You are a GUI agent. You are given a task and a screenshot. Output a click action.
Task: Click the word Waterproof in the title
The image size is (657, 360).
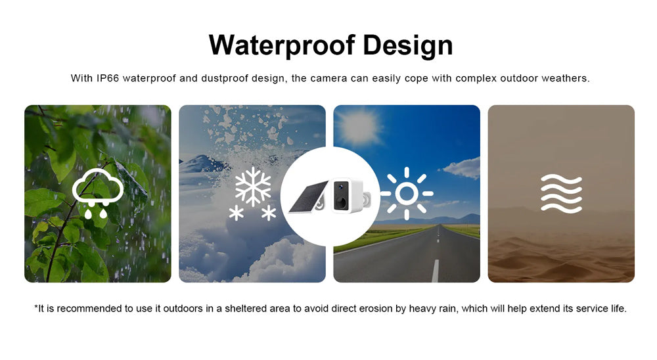[x=282, y=45]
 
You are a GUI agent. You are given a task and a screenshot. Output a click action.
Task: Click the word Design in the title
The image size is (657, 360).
[x=408, y=45]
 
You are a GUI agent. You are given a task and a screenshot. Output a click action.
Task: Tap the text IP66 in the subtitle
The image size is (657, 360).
[x=108, y=78]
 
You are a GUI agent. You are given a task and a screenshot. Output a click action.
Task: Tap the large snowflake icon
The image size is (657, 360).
[x=253, y=187]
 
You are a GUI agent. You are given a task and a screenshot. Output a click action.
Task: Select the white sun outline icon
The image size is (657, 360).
[x=407, y=194]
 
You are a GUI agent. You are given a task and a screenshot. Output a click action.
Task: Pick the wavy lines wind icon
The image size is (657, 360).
[x=561, y=194]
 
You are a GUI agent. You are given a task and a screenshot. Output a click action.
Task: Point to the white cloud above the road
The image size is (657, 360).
[x=462, y=168]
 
